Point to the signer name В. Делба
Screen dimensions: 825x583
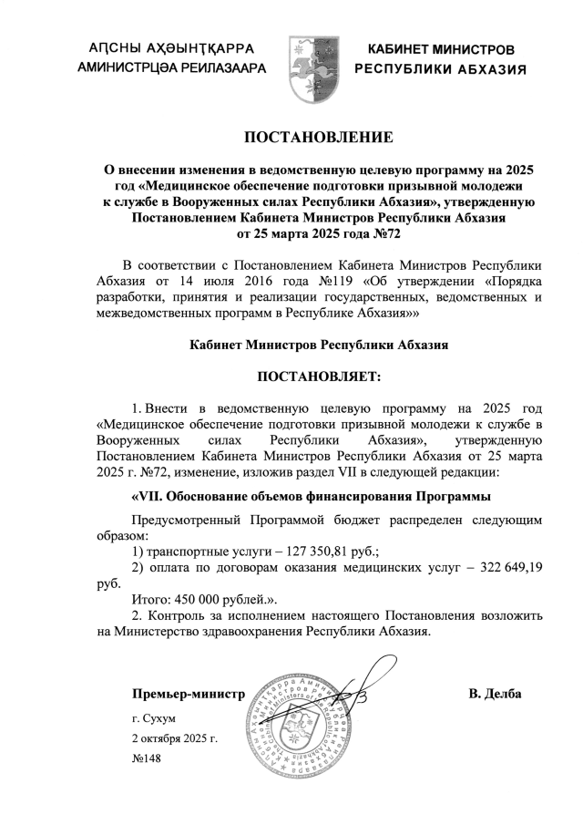click(x=495, y=695)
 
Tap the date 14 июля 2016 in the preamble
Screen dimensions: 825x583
click(x=228, y=280)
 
